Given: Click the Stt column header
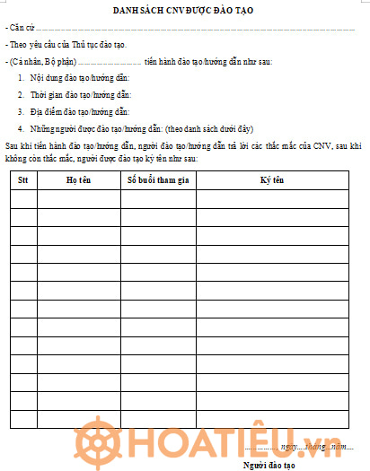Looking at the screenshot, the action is (x=24, y=179).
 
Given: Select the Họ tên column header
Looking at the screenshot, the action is (x=79, y=179).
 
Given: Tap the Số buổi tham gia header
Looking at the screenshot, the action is (x=158, y=179).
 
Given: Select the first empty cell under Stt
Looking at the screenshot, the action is (x=24, y=198).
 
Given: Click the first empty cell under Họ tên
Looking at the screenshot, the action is (x=79, y=198).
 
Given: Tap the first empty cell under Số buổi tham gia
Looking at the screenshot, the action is (x=158, y=198).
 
